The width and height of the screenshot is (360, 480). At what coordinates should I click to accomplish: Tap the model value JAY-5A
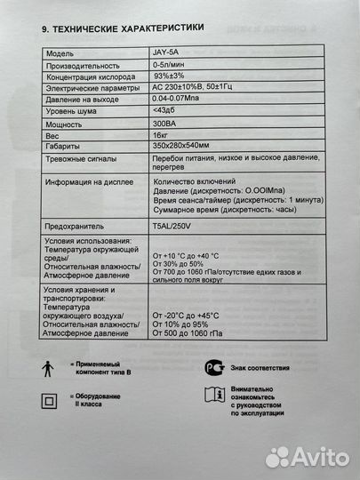pos(166,54)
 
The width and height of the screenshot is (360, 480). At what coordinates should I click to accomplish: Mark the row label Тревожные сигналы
pos(84,162)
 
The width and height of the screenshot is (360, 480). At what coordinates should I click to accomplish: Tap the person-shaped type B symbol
pos(46,369)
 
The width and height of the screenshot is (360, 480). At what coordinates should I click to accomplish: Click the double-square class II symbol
pos(46,401)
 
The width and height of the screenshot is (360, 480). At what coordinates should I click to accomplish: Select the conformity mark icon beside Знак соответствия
pos(210,367)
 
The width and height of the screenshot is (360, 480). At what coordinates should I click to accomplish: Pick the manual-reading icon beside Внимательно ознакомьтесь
pos(210,397)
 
